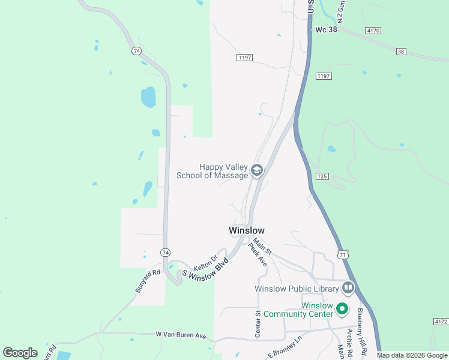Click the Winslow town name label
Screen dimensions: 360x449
pyautogui.click(x=246, y=230)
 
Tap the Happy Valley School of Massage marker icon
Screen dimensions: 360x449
pyautogui.click(x=257, y=171)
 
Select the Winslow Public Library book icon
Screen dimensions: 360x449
pyautogui.click(x=348, y=289)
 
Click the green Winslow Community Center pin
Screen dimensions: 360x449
pyautogui.click(x=342, y=309)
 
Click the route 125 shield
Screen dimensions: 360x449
pyautogui.click(x=322, y=176)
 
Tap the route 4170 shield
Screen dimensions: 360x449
pyautogui.click(x=372, y=30)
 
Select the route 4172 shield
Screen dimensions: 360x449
pyautogui.click(x=439, y=322)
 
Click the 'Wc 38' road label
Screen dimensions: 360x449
pyautogui.click(x=327, y=29)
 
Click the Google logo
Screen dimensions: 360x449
pyautogui.click(x=20, y=353)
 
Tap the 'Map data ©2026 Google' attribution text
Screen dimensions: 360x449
pyautogui.click(x=412, y=355)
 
